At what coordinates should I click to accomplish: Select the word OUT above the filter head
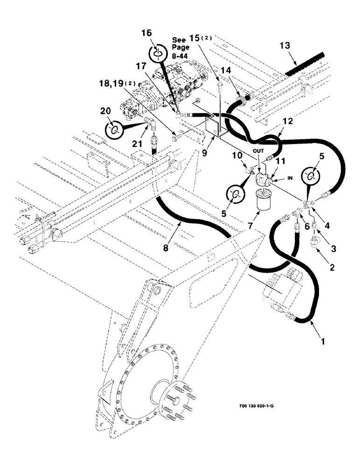tap(257, 151)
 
